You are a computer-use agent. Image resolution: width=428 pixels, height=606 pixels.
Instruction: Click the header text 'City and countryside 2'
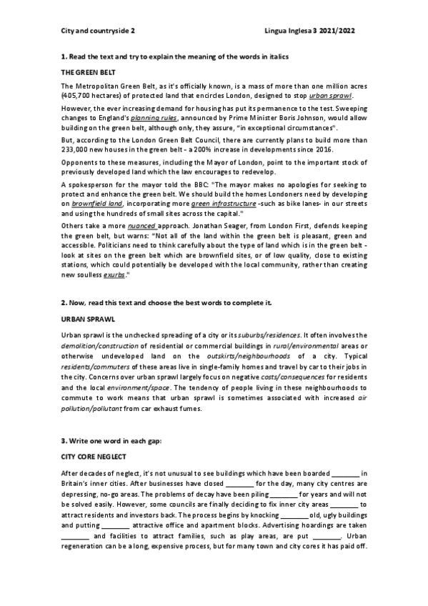point(95,31)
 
